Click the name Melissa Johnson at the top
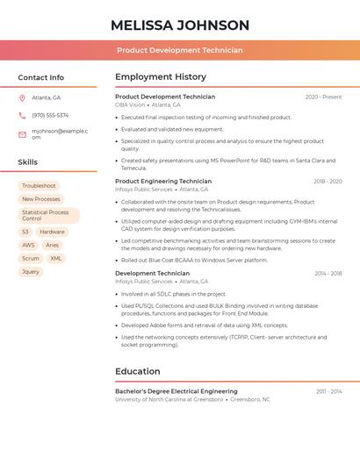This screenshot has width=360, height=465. tap(180, 25)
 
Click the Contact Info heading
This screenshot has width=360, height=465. tap(41, 77)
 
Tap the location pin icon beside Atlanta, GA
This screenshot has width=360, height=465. tap(22, 97)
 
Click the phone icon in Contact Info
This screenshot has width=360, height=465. tap(22, 115)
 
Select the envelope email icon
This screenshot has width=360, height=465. tap(22, 134)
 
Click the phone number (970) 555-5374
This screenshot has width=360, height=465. tap(50, 115)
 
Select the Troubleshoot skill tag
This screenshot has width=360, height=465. tap(39, 186)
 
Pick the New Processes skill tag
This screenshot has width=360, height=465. tap(41, 199)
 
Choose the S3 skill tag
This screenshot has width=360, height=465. tap(25, 232)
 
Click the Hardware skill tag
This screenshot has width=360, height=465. tap(52, 232)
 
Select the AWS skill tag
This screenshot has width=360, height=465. tap(28, 246)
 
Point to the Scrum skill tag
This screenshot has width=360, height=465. tap(31, 259)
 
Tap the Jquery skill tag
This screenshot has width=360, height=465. tap(31, 272)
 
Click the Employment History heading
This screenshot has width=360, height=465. tap(161, 77)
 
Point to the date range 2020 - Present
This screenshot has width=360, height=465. tap(323, 97)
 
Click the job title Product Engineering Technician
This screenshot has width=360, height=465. tap(163, 182)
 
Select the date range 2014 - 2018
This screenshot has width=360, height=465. tap(328, 274)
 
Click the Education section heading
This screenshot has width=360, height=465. tap(138, 371)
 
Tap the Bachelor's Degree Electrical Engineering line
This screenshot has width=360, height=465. tap(176, 391)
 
